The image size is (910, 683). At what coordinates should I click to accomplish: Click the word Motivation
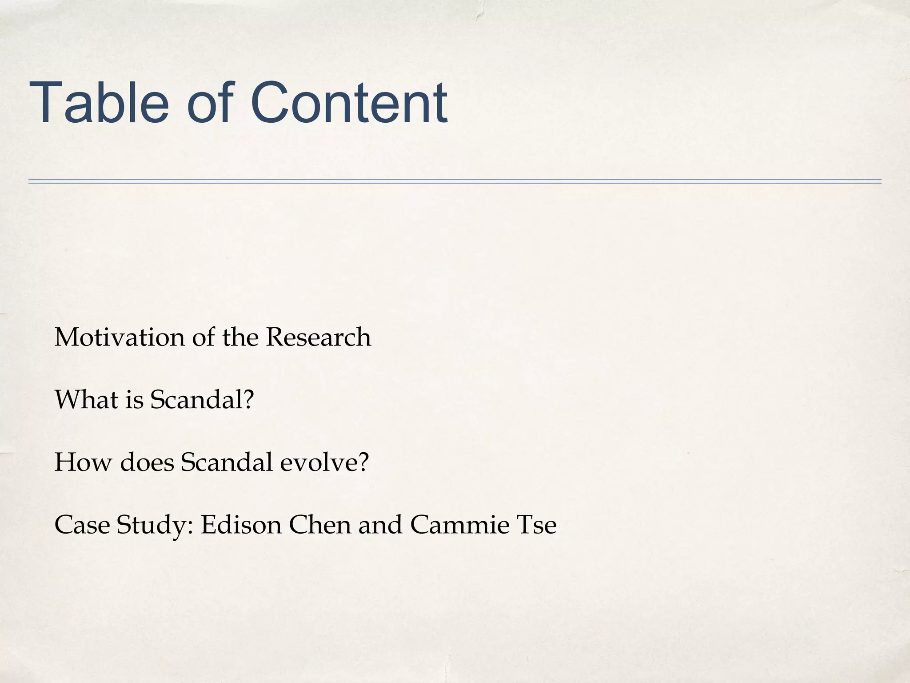click(x=120, y=337)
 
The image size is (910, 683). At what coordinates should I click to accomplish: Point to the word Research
click(x=318, y=337)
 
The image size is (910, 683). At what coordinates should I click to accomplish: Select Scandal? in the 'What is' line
click(x=202, y=399)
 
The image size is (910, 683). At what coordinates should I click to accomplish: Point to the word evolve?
click(x=324, y=462)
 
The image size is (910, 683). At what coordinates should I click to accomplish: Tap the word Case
click(x=82, y=525)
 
